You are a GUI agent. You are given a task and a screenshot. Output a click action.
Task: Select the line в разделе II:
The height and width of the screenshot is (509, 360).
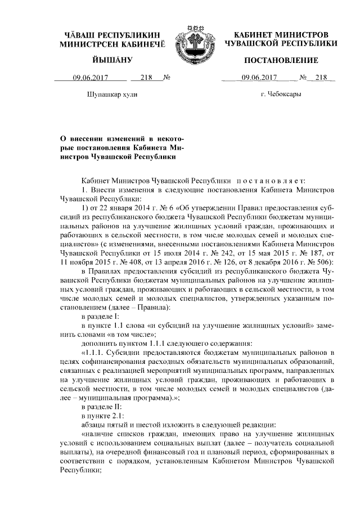tap(103, 405)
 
